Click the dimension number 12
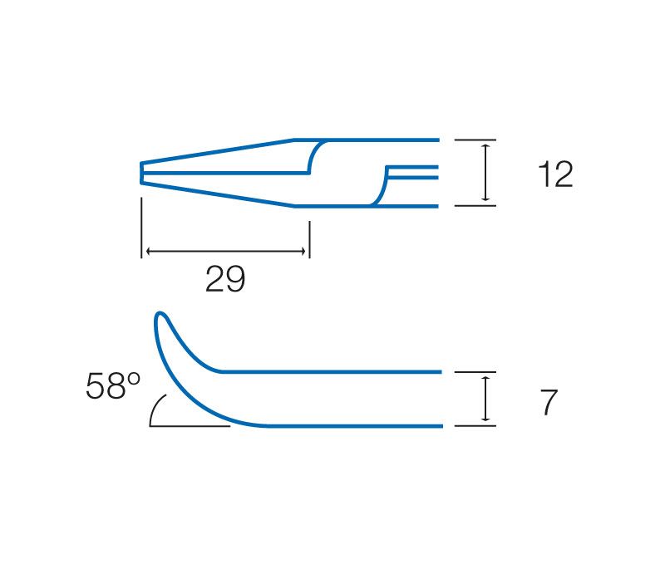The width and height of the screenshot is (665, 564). [555, 174]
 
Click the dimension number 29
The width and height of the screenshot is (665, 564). [225, 279]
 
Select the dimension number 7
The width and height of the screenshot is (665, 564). [549, 403]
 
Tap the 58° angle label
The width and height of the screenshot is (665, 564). [113, 385]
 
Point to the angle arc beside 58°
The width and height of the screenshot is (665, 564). [155, 407]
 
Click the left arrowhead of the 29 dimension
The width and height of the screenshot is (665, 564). [149, 252]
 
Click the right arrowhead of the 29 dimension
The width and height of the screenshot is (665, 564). [303, 252]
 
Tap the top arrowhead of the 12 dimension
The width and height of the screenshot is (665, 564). [486, 148]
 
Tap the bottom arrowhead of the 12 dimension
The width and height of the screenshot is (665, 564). [486, 198]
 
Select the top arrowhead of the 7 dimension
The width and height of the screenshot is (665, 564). [486, 380]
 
